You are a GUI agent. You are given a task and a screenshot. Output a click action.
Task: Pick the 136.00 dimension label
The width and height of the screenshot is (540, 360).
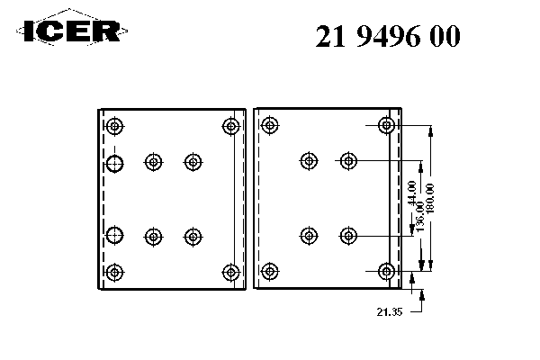[x=420, y=218]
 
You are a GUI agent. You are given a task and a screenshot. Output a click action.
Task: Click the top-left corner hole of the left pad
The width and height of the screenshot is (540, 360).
[x=114, y=126]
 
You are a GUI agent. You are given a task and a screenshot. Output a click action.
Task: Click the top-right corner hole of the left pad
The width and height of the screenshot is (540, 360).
[x=231, y=126]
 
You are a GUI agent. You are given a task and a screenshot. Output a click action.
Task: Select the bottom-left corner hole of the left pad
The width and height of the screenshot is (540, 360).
[x=114, y=271]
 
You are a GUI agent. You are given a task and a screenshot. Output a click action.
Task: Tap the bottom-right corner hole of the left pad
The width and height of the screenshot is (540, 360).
[x=231, y=271]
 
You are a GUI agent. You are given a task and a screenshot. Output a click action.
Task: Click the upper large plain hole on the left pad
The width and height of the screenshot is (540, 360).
[x=114, y=163]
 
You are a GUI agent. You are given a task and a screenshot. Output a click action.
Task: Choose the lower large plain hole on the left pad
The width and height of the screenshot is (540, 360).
[x=114, y=236]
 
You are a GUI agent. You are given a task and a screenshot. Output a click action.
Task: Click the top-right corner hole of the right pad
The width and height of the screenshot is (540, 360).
[x=387, y=126]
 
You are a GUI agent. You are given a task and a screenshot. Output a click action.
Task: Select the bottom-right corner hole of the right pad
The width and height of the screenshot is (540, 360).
[x=387, y=271]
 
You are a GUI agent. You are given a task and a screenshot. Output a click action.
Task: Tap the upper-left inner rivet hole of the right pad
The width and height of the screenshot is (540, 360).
[x=310, y=162]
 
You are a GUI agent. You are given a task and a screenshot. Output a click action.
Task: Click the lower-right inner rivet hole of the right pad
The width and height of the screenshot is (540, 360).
[x=348, y=236]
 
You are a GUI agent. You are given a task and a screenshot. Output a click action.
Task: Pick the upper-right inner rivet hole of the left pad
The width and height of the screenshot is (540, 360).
[x=192, y=162]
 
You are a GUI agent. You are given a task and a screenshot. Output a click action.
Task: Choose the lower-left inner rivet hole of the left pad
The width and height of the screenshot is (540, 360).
[x=153, y=236]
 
